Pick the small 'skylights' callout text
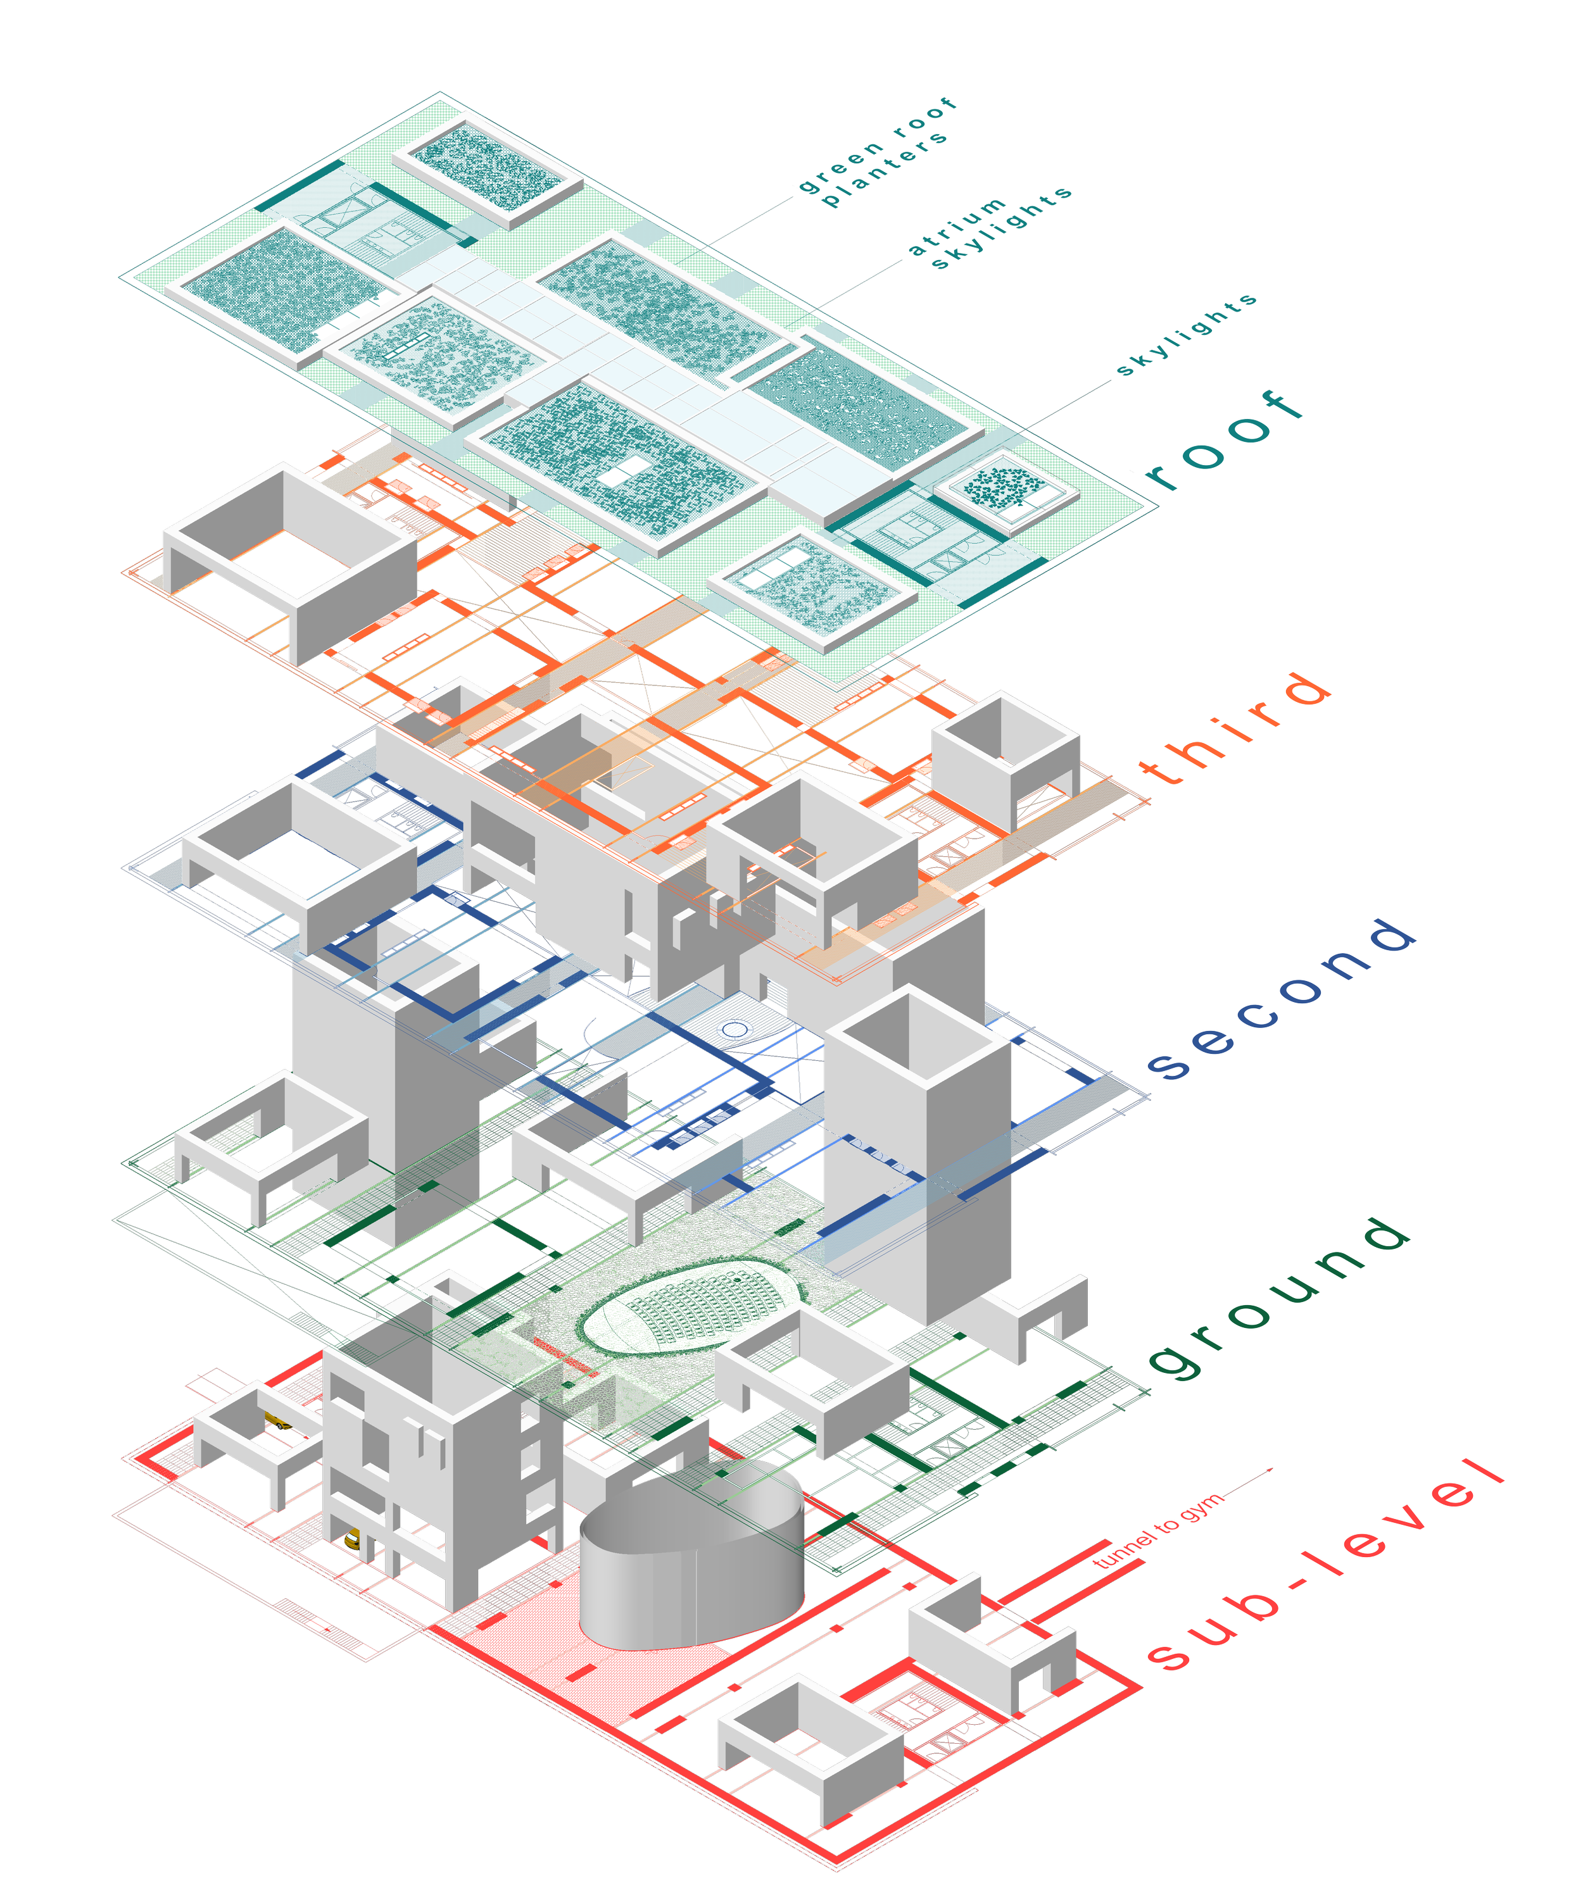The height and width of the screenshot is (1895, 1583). tap(1186, 334)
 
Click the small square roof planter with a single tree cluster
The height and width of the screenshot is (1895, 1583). tap(1004, 487)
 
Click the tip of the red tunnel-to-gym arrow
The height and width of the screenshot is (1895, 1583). tap(1271, 1470)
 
